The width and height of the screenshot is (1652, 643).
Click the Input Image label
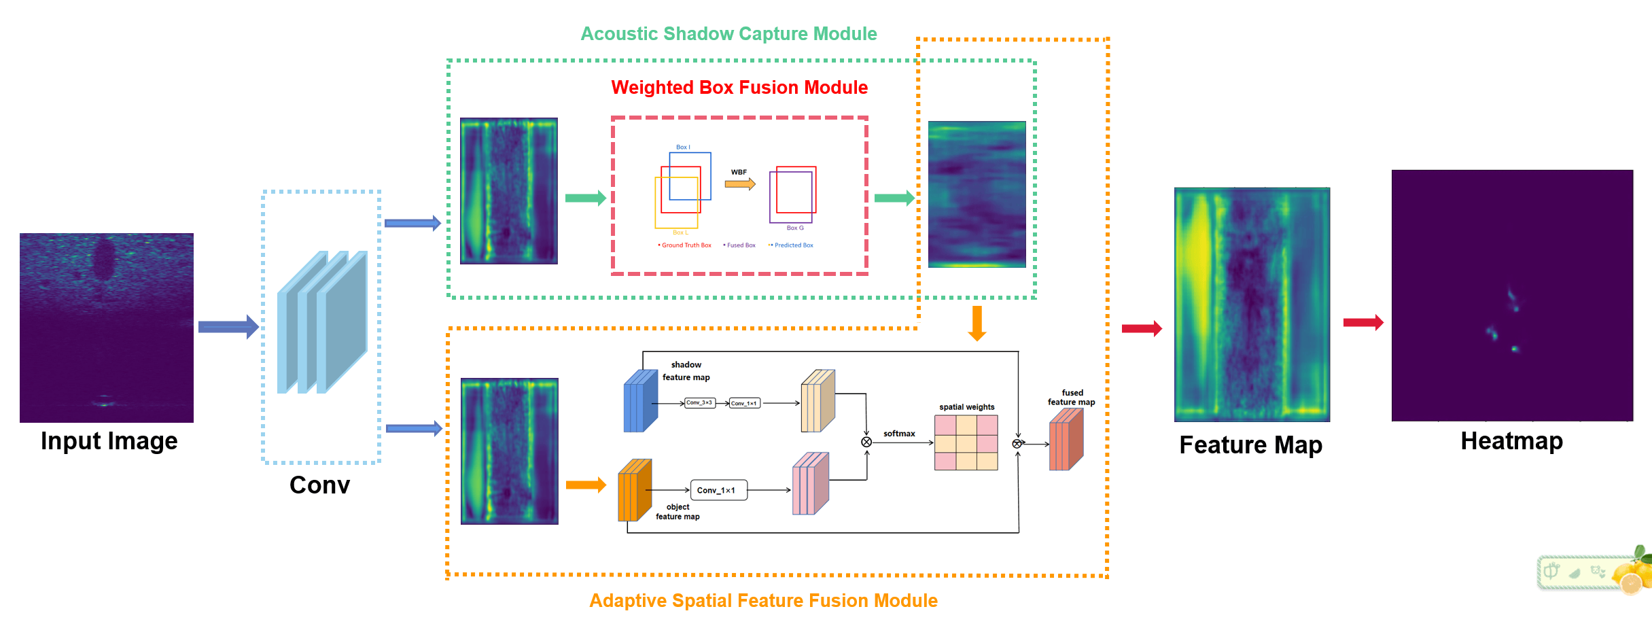109,441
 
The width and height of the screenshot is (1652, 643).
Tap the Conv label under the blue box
319,485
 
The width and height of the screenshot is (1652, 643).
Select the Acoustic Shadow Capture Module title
728,34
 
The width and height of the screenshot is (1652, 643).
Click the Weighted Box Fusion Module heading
739,88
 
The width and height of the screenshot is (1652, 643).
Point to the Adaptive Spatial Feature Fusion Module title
763,601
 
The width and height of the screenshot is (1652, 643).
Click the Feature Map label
1250,445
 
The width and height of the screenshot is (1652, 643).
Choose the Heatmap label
1511,441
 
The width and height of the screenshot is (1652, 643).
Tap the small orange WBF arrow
740,184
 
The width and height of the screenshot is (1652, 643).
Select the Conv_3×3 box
699,403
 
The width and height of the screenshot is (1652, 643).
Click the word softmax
899,434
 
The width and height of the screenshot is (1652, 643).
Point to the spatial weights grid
966,442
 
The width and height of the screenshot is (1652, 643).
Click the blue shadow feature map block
640,401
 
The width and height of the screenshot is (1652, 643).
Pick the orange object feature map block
634,490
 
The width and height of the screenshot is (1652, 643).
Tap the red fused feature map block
1066,440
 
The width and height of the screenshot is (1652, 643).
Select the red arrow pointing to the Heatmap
1363,323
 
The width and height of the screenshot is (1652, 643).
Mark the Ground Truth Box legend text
686,245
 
